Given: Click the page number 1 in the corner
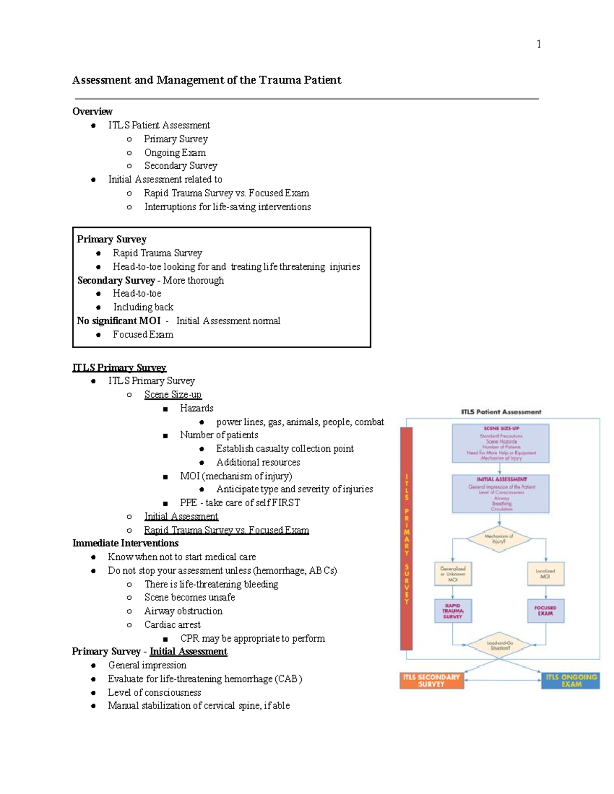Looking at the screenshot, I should point(538,44).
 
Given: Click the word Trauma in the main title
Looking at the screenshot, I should point(280,80).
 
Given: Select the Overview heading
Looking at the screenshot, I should point(92,111).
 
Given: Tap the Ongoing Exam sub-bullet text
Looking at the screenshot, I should point(175,152).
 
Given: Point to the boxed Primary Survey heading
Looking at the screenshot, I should point(112,239).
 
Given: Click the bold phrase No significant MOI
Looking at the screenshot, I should point(118,321).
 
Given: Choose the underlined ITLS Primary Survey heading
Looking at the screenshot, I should point(119,368).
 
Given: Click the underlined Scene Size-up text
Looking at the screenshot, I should point(173,394).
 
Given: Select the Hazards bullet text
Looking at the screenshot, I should point(196,408).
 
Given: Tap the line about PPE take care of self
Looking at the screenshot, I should point(239,503).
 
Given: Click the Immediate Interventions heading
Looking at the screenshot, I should point(125,543).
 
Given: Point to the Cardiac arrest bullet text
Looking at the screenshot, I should point(172,624).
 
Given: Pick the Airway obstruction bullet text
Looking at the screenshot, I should point(183,611).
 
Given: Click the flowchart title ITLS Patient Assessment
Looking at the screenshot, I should point(501,412).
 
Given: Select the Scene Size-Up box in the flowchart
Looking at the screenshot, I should point(500,443).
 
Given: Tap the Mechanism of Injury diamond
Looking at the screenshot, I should point(499,538).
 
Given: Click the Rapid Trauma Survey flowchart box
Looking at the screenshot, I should point(453,611).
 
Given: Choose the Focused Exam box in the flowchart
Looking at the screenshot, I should point(545,611).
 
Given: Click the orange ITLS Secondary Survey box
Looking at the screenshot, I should point(431,680).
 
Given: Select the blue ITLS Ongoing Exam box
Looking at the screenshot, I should point(571,680).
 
